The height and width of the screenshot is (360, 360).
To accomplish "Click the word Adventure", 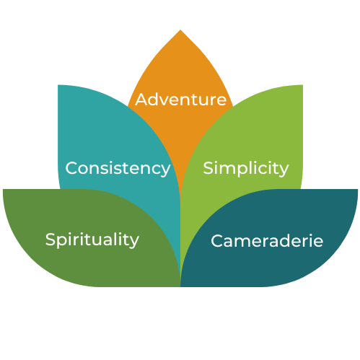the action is click(180, 100).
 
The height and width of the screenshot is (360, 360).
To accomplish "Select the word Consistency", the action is click(118, 169).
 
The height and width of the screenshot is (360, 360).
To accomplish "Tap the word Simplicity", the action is click(246, 168).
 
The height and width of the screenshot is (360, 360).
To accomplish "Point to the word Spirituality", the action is click(92, 240).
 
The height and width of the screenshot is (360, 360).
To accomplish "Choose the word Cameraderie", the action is click(267, 240).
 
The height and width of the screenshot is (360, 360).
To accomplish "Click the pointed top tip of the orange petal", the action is click(180, 30).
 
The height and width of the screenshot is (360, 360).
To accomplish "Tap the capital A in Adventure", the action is click(141, 100).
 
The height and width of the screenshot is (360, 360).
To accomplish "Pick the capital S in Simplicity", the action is click(208, 167).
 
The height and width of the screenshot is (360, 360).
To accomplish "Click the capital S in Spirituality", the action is click(51, 240).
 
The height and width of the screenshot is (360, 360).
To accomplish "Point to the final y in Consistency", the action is click(165, 170).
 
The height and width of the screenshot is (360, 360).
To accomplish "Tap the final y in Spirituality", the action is click(134, 242).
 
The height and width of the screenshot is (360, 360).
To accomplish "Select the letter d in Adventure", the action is click(154, 100).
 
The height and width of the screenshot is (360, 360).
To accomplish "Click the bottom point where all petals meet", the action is click(180, 286).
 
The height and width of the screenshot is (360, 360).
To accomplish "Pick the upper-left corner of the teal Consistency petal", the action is click(58, 85).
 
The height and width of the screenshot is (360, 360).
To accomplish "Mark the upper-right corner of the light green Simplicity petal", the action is click(302, 85).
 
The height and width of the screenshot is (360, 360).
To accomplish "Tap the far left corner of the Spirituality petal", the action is click(3, 190).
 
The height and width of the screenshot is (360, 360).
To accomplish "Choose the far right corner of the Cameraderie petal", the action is click(357, 190).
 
